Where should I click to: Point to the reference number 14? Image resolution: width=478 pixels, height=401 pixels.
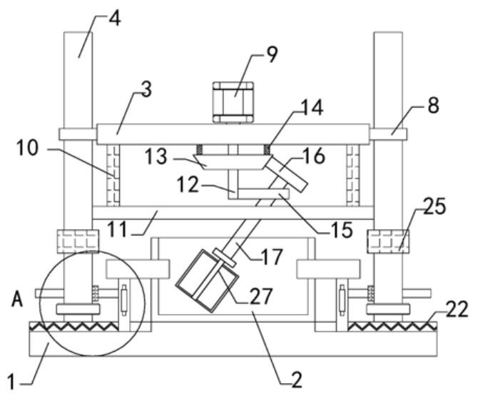[311, 108]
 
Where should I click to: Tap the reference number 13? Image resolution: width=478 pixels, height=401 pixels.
[157, 156]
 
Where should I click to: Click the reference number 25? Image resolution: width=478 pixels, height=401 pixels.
[434, 208]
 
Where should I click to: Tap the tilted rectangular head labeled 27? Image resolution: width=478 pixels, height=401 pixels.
[202, 281]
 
